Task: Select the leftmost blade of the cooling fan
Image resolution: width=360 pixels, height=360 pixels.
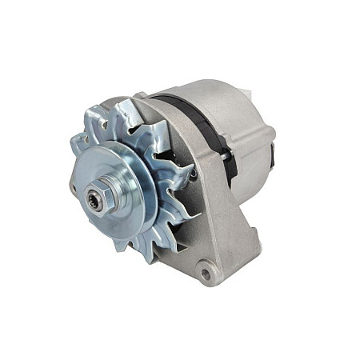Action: pyautogui.click(x=78, y=144)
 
